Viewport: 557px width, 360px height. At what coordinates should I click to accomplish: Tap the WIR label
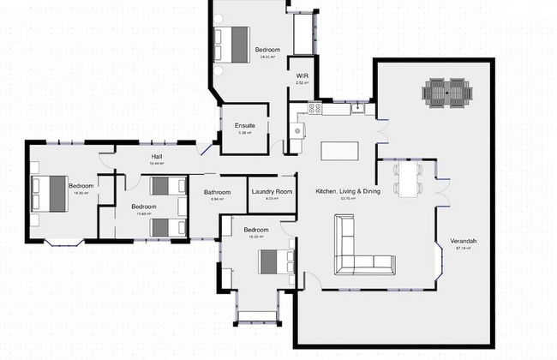tap(302, 77)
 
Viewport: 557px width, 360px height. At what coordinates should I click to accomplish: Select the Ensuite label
tap(245, 126)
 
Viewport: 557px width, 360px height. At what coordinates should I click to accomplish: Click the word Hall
tap(157, 156)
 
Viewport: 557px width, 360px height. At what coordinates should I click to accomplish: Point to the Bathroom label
tap(216, 191)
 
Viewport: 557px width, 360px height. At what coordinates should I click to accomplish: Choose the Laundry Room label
tap(272, 191)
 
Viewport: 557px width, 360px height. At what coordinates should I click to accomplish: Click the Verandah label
tap(464, 241)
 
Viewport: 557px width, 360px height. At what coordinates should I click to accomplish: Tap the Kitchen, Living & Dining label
tap(347, 190)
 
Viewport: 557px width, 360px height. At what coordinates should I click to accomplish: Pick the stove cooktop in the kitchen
tap(314, 109)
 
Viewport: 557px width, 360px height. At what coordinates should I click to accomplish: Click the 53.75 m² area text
tap(347, 198)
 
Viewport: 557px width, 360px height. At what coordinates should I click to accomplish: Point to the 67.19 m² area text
tap(464, 249)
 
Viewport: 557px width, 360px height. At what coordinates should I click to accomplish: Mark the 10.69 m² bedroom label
tap(143, 207)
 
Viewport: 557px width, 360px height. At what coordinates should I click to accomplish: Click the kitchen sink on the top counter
tap(358, 109)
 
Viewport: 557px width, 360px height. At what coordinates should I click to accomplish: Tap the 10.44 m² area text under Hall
tap(157, 163)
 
